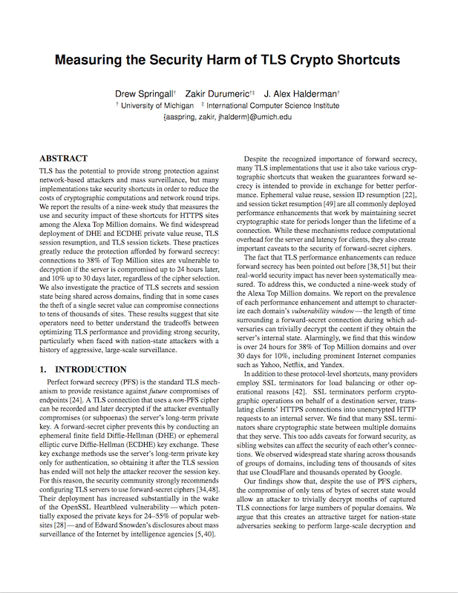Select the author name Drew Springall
click(x=144, y=95)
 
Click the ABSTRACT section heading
click(x=63, y=159)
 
